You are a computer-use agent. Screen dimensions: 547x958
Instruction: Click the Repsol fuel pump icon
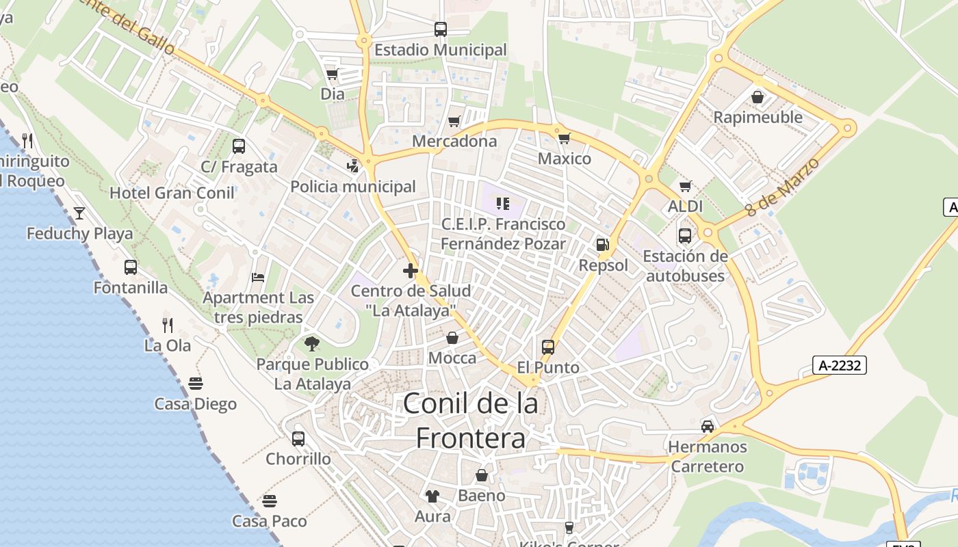pos(602,245)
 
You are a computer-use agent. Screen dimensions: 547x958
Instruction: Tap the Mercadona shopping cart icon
pos(454,122)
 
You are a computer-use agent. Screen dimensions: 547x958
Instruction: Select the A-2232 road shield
pos(840,365)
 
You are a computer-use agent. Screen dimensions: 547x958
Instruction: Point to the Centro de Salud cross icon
pos(411,271)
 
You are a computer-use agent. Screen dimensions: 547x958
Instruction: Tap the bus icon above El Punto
pos(548,347)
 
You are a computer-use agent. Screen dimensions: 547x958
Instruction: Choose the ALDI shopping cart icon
pos(685,186)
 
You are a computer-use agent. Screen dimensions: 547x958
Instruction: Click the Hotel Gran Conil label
pos(172,193)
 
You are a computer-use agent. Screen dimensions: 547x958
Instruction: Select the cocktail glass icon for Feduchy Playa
pos(79,213)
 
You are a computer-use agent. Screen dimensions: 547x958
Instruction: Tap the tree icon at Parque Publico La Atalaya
pos(312,343)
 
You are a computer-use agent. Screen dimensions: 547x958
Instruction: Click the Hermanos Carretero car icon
pos(708,427)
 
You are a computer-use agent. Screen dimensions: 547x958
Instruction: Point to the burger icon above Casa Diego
pos(196,383)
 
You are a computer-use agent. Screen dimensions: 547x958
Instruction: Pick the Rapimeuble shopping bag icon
pos(758,97)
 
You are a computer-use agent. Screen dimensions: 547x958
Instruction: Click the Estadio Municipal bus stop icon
pos(441,29)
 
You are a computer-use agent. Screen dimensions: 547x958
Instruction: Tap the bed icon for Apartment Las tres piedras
pos(258,277)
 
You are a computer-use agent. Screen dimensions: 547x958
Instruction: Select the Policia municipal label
pos(353,187)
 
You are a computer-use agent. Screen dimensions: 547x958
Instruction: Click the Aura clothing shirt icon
pos(432,496)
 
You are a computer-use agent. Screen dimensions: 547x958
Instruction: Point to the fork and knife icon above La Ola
pos(167,325)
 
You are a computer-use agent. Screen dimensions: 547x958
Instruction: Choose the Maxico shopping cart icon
pos(564,139)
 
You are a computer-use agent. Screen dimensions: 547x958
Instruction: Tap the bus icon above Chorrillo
pos(298,438)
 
